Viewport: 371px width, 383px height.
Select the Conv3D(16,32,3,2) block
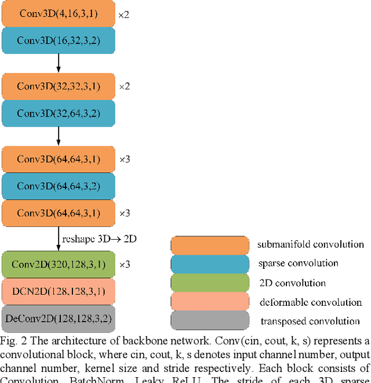point(58,40)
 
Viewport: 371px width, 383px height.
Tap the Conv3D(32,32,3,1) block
point(58,86)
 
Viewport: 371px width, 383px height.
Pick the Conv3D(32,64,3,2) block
point(58,113)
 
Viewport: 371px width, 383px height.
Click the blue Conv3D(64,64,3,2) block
point(58,186)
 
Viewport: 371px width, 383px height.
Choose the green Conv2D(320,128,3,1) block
point(58,265)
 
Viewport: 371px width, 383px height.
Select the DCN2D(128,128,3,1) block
point(58,291)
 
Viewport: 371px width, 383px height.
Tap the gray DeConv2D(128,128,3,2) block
point(58,318)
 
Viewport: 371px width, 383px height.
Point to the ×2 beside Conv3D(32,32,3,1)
point(124,86)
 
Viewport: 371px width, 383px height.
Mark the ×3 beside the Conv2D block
point(124,265)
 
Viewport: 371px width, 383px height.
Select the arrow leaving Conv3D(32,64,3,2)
point(59,135)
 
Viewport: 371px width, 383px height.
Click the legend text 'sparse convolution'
point(298,263)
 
